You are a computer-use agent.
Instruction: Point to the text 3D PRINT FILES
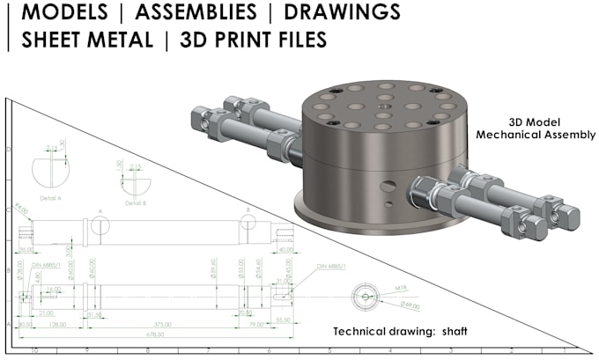[253, 40]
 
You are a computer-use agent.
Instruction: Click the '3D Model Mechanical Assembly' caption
[536, 129]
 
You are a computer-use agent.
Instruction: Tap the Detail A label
[50, 198]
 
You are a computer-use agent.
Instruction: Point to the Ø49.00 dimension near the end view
[410, 305]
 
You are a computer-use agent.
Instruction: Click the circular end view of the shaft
[362, 297]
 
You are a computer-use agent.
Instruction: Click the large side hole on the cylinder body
[388, 186]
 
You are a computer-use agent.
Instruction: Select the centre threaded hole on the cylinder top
[383, 114]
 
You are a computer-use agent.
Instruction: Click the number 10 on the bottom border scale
[34, 350]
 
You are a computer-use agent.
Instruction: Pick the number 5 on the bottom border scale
[329, 350]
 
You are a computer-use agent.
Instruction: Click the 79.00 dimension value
[256, 324]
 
